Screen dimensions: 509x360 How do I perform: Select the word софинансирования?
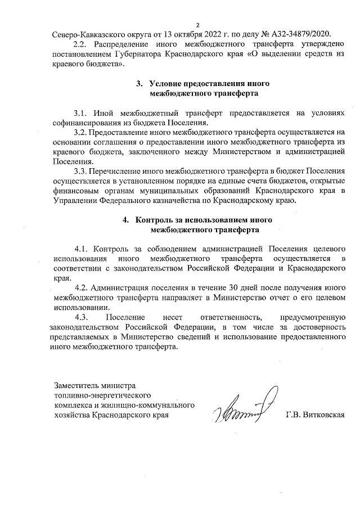coord(87,123)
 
